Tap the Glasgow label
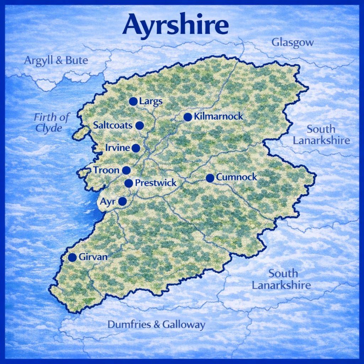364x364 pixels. coord(293,43)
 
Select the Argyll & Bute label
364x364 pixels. coord(56,60)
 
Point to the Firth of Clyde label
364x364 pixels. coord(52,123)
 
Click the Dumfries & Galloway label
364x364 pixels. coord(156,324)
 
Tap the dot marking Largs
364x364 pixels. coord(133,101)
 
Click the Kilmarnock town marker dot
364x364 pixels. coord(188,117)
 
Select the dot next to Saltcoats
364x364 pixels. coord(139,125)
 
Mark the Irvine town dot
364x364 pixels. coord(136,148)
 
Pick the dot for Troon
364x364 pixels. coord(126,170)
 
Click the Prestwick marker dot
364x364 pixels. coord(129,183)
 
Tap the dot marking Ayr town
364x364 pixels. coord(122,202)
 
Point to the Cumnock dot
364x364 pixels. coord(210,178)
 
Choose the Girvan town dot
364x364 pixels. coord(73,257)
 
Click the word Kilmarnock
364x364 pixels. coord(219,116)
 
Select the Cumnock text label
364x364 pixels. coord(236,177)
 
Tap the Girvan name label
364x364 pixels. coord(93,257)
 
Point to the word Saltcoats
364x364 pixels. coord(113,125)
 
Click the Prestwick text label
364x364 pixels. coord(156,183)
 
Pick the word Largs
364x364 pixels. coord(151,101)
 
